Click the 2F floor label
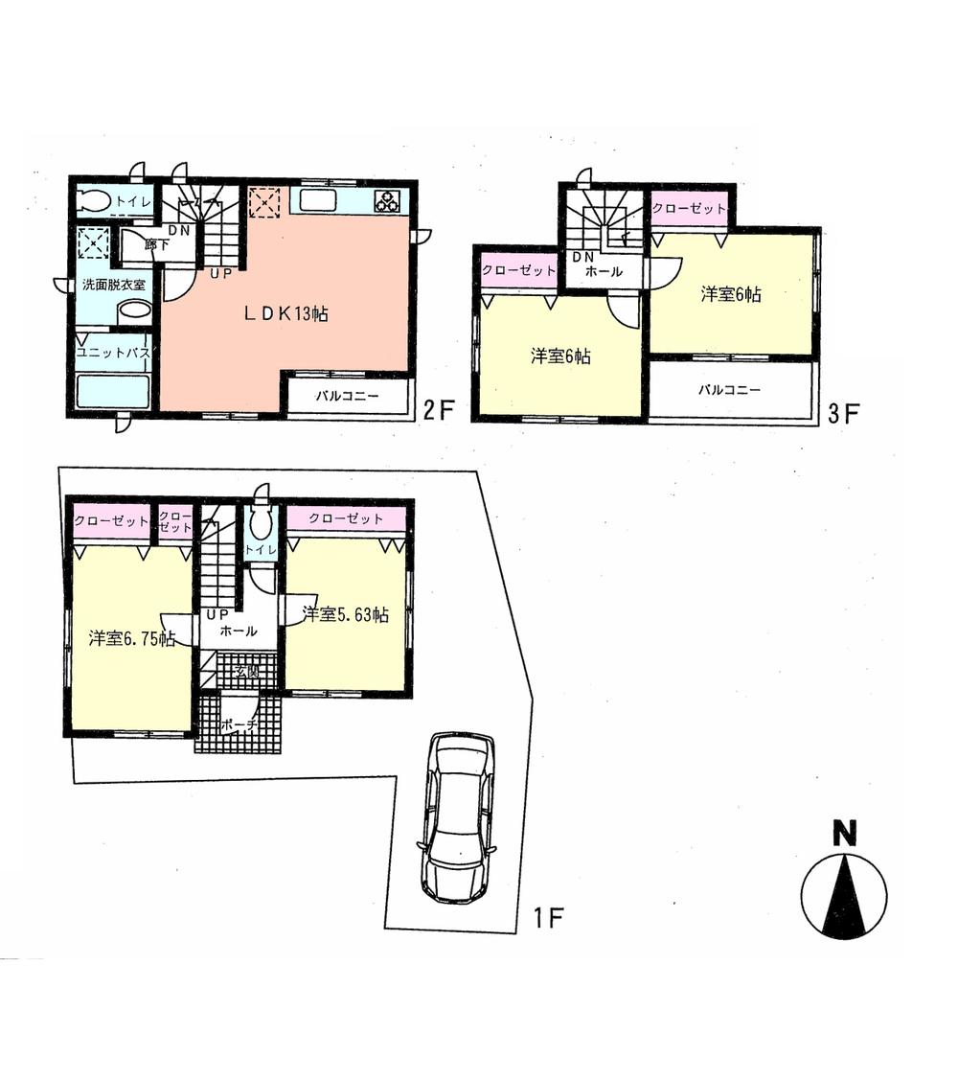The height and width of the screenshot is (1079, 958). tap(438, 412)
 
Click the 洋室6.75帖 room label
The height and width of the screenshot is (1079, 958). tap(131, 639)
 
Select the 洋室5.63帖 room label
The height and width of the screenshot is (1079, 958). tap(346, 615)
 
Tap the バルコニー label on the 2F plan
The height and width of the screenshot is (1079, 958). tap(347, 396)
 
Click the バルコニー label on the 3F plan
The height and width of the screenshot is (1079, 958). tap(729, 390)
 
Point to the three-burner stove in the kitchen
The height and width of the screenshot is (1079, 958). tap(387, 201)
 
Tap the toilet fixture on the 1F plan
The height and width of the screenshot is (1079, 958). tap(260, 523)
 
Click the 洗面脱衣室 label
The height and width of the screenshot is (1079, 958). tap(112, 285)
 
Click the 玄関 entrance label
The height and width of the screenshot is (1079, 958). tap(245, 672)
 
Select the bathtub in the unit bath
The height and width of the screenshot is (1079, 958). tap(113, 392)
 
